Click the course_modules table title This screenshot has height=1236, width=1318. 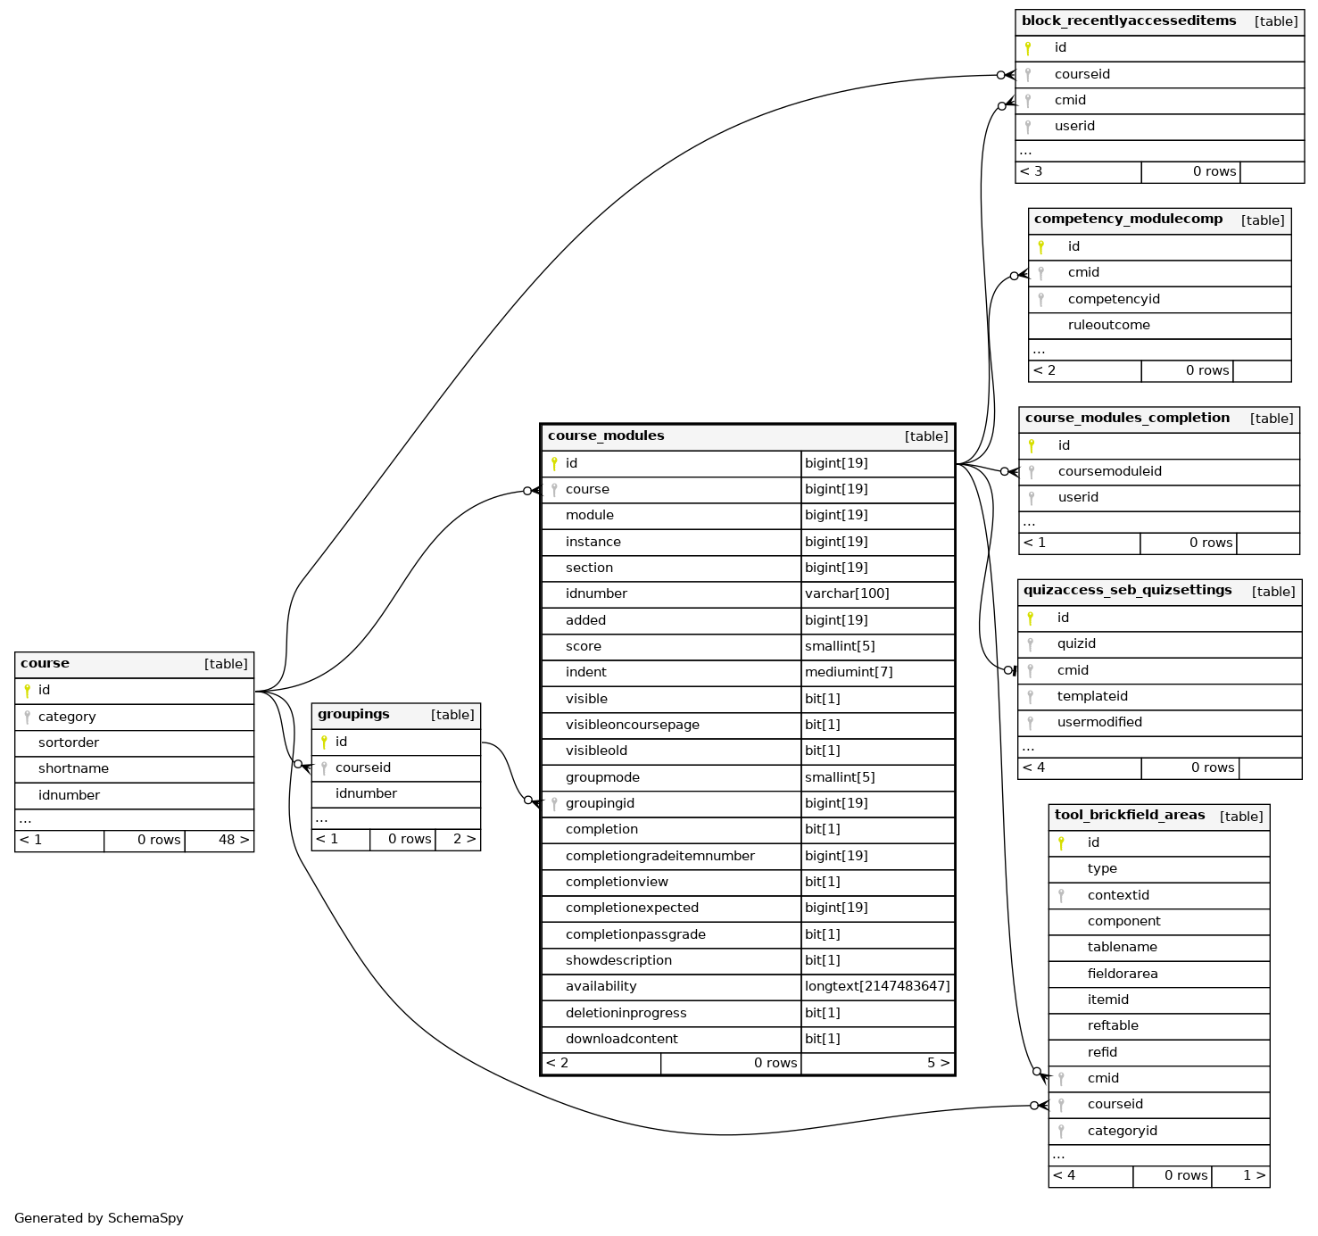click(x=606, y=436)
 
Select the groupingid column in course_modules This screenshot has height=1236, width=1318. click(x=600, y=803)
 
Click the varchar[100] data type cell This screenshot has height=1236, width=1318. click(x=847, y=593)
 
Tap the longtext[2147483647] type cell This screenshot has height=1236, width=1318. click(x=877, y=986)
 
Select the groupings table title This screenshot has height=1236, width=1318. click(x=353, y=714)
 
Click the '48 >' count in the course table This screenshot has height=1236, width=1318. click(x=234, y=840)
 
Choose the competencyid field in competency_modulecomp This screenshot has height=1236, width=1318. click(x=1114, y=299)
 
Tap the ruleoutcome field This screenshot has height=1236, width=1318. click(x=1108, y=325)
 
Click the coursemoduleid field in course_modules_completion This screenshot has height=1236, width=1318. click(x=1109, y=471)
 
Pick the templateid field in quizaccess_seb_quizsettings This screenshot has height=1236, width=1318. click(x=1092, y=696)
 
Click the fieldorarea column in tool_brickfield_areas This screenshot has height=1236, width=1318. click(x=1122, y=974)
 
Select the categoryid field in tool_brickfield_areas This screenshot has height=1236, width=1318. click(x=1122, y=1131)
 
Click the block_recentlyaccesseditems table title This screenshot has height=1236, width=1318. click(x=1129, y=21)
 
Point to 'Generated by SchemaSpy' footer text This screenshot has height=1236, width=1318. click(x=99, y=1218)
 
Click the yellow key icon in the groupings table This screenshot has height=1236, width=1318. click(x=324, y=742)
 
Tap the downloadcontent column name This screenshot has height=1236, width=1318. click(x=621, y=1039)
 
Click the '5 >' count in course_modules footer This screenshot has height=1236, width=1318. click(x=938, y=1063)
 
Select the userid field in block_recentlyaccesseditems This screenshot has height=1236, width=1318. click(x=1074, y=126)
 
